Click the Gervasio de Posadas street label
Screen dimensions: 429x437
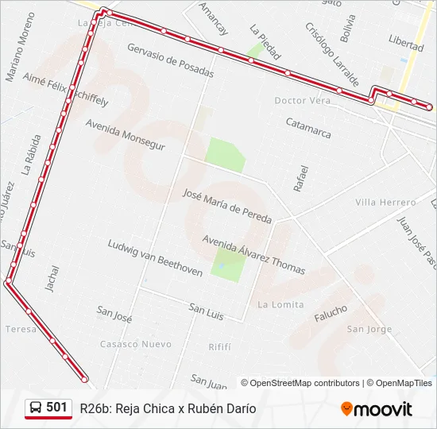point(170,60)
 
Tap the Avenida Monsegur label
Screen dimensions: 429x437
point(126,135)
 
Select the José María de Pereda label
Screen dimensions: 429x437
point(226,206)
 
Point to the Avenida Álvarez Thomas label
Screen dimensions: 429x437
point(253,254)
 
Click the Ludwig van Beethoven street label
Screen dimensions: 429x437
point(155,258)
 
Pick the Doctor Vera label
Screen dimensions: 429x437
point(302,101)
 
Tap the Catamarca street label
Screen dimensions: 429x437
point(308,128)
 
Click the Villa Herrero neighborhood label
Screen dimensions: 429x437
point(385,203)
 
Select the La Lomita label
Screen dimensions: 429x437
point(280,304)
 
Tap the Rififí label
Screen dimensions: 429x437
point(219,347)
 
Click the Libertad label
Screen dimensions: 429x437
point(406,42)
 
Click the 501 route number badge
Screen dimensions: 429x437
point(56,408)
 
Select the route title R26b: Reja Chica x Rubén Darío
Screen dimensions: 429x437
point(168,408)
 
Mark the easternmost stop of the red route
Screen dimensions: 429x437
point(429,106)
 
